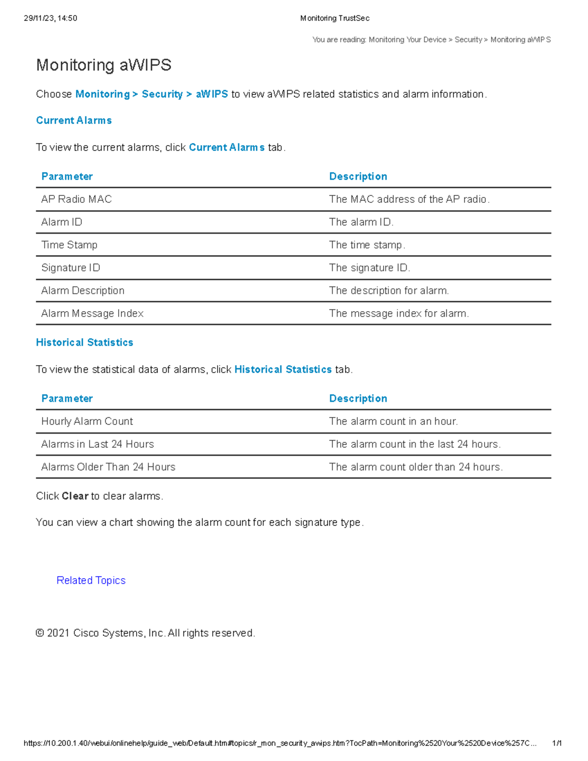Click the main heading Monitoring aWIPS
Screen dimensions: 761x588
tap(104, 65)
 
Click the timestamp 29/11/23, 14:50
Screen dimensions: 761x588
tap(50, 18)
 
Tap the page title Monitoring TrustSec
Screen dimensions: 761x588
tap(335, 18)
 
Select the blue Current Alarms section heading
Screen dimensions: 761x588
tap(74, 121)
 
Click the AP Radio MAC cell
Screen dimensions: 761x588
tap(76, 199)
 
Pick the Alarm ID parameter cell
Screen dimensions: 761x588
tap(62, 222)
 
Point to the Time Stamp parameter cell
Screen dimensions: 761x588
tap(69, 245)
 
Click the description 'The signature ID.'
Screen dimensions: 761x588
tap(369, 268)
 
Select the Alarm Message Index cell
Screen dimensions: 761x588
tap(92, 314)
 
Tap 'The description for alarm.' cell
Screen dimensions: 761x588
tap(389, 291)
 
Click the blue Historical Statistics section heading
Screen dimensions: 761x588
tap(85, 343)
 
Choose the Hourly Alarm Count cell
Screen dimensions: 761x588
tap(87, 421)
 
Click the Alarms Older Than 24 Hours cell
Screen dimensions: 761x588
tap(108, 467)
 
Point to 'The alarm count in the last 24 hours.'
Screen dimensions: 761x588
tap(415, 444)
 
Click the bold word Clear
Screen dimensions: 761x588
tap(75, 496)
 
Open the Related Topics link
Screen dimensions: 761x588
tap(91, 581)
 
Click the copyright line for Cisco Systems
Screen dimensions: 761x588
tap(146, 633)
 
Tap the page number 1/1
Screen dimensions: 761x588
tap(557, 743)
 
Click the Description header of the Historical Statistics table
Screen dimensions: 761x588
tap(358, 399)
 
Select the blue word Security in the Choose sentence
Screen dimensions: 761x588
tap(162, 94)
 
